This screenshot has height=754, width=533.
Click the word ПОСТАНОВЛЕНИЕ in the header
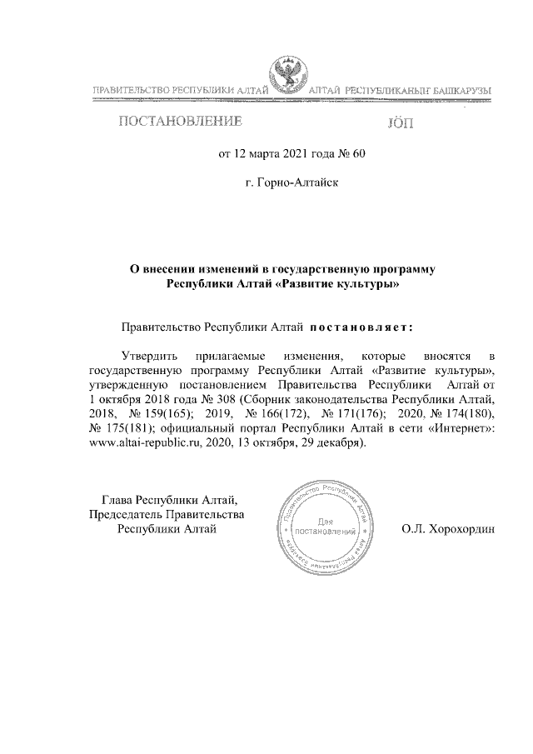180,123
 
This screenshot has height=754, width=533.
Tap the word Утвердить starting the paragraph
150,355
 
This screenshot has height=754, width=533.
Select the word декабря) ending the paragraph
336,442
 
